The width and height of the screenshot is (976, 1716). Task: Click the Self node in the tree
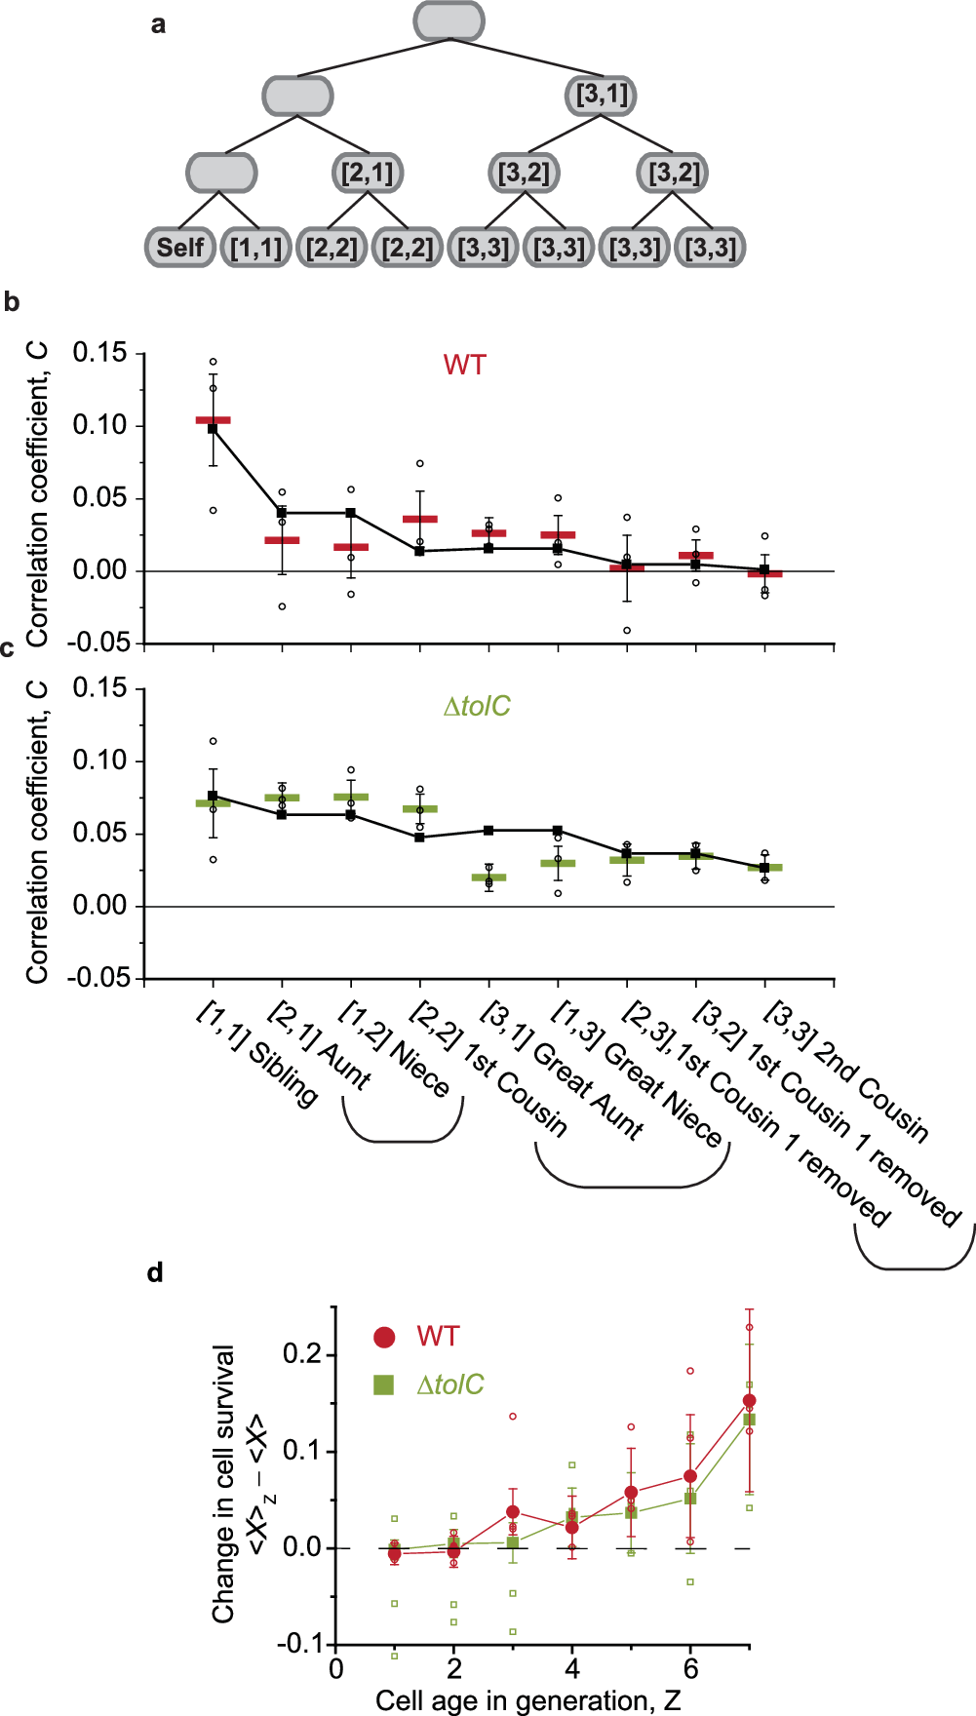click(x=180, y=248)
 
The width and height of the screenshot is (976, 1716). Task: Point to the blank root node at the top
click(x=449, y=21)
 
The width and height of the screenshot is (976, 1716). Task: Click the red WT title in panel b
click(x=464, y=365)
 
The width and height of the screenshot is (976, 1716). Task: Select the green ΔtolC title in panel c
click(x=477, y=706)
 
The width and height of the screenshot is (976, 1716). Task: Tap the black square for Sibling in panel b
click(x=213, y=428)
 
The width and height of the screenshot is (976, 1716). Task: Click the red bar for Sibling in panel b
click(x=213, y=420)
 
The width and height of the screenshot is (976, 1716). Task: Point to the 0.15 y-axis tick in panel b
click(x=100, y=353)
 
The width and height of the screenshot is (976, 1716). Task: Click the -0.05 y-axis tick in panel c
click(x=98, y=978)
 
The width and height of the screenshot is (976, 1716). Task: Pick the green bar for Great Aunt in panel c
click(x=488, y=877)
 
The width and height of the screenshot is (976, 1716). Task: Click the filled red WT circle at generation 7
click(x=749, y=1401)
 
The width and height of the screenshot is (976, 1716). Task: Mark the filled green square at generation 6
click(x=690, y=1498)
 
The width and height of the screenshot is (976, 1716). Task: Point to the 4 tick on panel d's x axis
click(x=572, y=1669)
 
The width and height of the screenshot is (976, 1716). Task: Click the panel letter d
click(x=155, y=1272)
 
